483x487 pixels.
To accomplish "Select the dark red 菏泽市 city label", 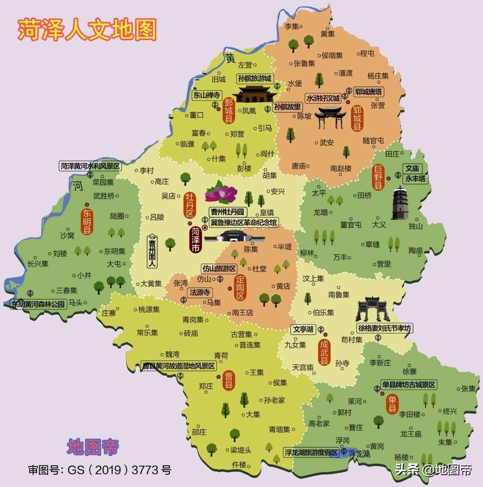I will (x=196, y=240).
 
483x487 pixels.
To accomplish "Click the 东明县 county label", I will (x=87, y=221).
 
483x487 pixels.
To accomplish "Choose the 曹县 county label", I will (x=230, y=380).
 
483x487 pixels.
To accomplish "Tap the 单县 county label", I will (x=392, y=404).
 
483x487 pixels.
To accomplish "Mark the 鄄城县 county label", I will (x=228, y=111).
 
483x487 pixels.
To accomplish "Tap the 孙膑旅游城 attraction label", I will (x=255, y=79).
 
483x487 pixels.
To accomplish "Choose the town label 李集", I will (x=292, y=27).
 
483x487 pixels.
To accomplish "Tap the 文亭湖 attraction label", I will (x=303, y=329).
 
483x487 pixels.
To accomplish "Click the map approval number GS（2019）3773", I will (x=100, y=470).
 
